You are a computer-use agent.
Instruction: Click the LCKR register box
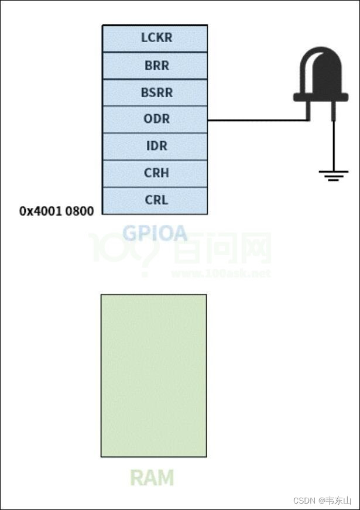[x=155, y=38]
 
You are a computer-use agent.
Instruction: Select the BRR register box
[x=155, y=66]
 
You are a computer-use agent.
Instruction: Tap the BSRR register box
[x=155, y=93]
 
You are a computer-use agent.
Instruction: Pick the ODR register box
[x=155, y=119]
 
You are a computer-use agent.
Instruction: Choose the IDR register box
[x=155, y=146]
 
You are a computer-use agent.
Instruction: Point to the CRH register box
[x=155, y=173]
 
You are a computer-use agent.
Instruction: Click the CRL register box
[x=155, y=200]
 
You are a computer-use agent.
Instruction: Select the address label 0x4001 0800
[x=56, y=211]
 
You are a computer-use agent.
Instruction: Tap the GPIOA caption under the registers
[x=155, y=233]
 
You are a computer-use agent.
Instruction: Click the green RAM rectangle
[x=153, y=375]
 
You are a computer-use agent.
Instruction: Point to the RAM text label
[x=152, y=478]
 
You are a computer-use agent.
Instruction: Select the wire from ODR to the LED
[x=258, y=121]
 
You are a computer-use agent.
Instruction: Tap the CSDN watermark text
[x=304, y=501]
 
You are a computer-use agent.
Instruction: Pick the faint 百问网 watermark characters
[x=222, y=249]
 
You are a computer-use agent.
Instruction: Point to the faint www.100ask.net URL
[x=221, y=273]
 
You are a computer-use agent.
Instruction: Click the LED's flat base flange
[x=320, y=97]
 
